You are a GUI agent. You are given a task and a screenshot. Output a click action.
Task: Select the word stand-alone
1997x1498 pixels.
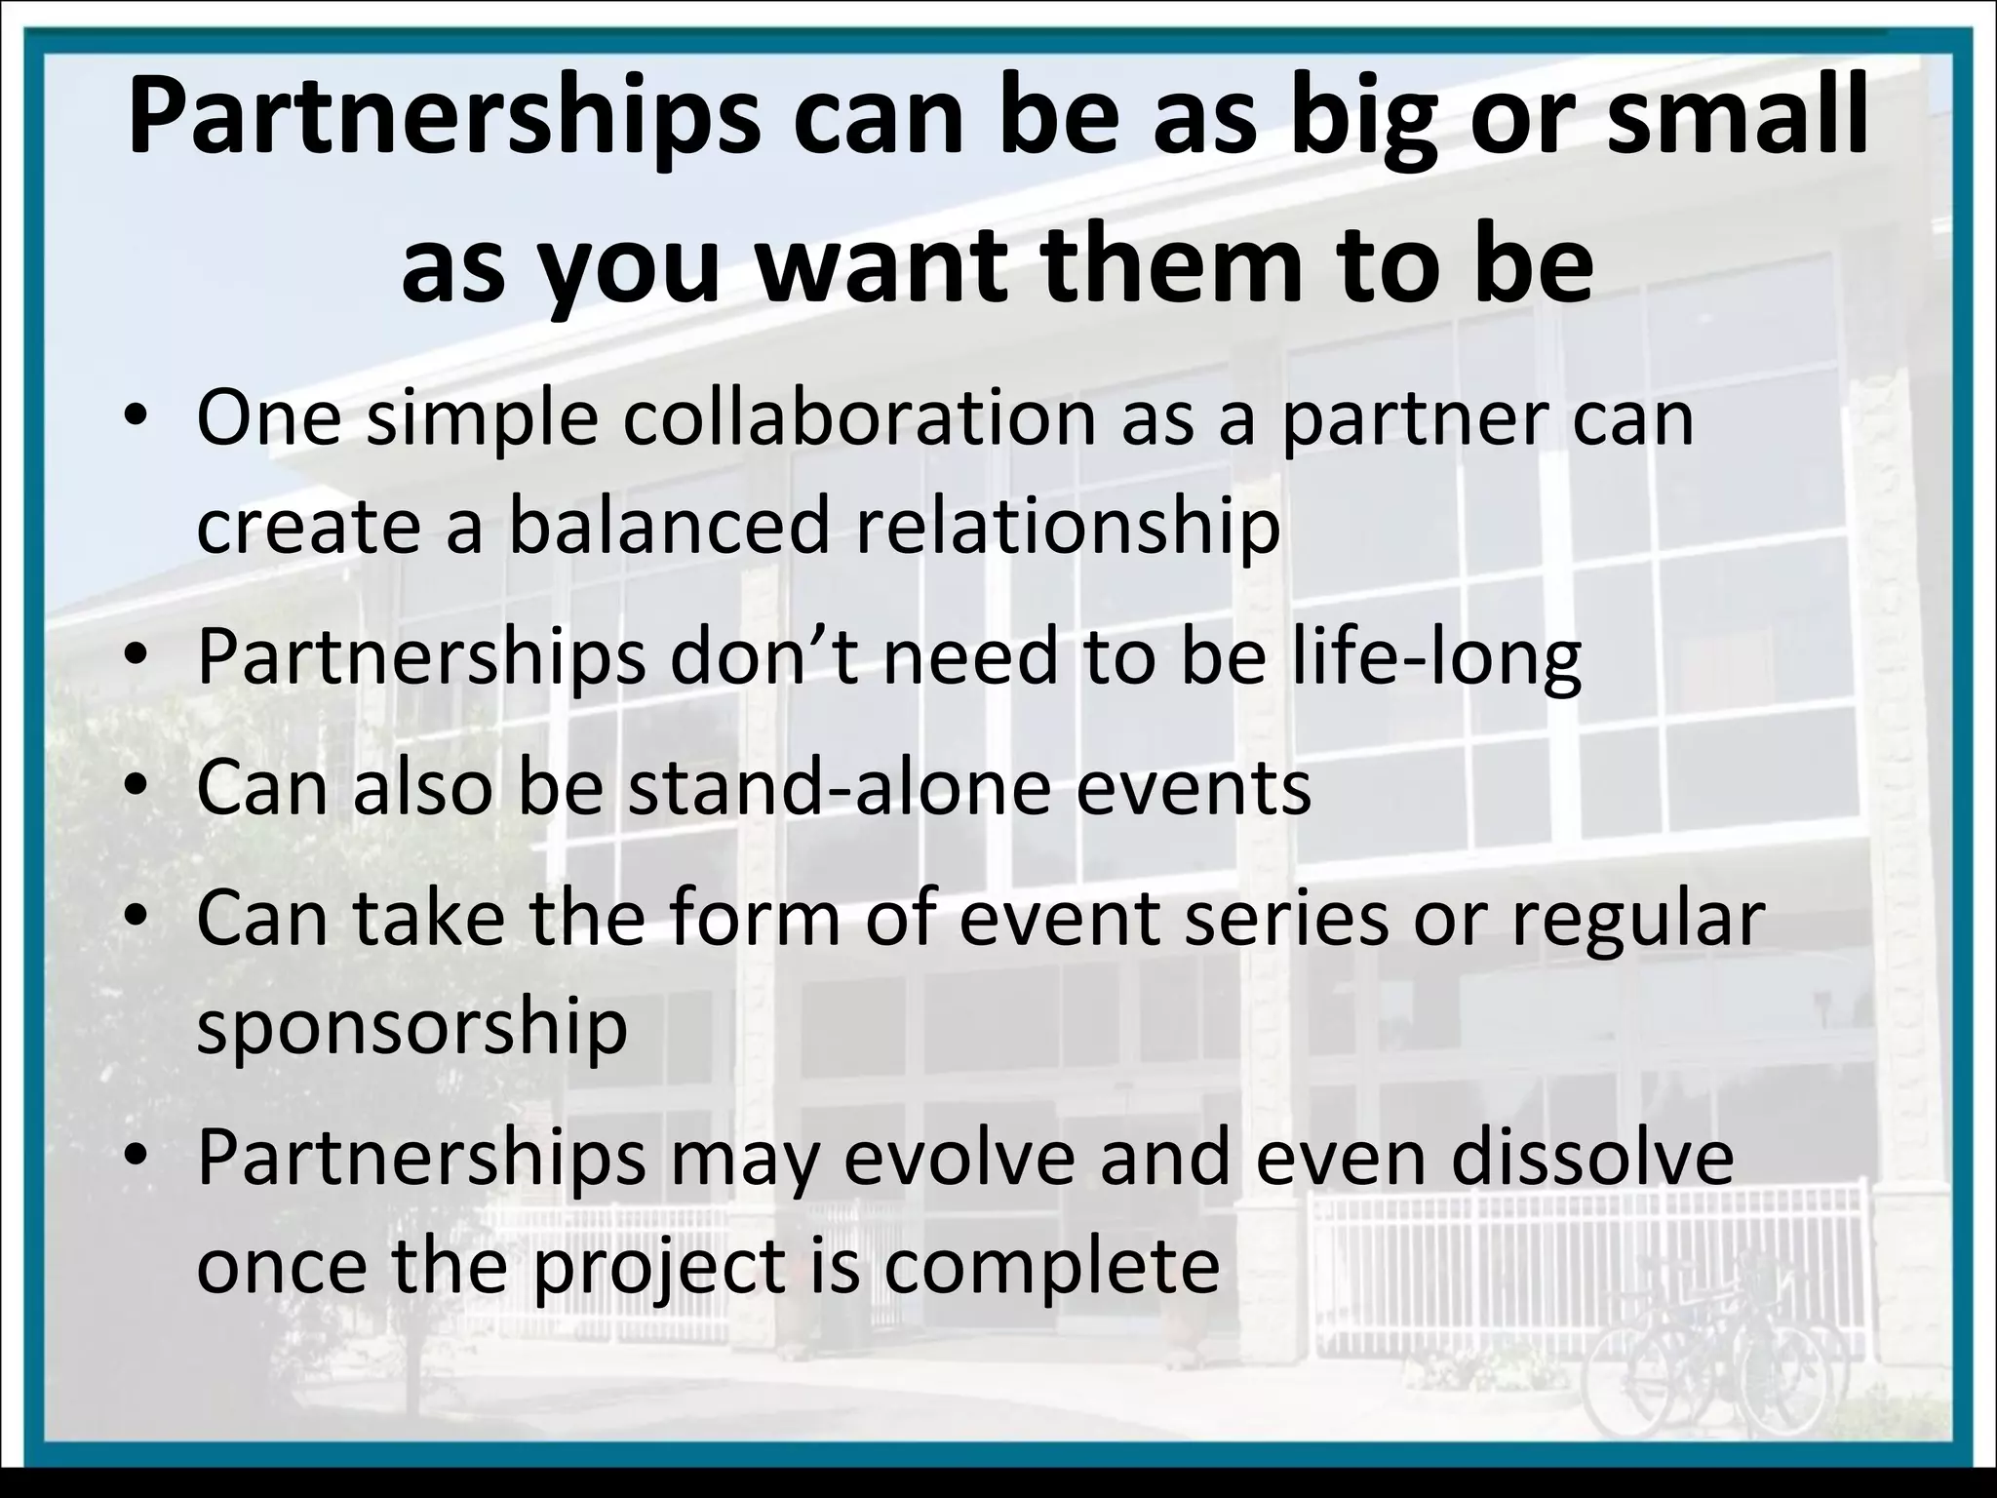(x=840, y=788)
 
